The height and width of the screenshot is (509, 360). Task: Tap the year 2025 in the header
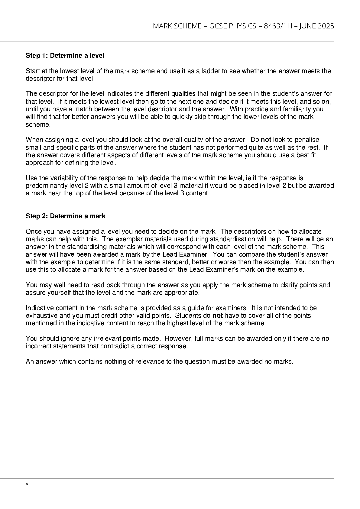click(326, 26)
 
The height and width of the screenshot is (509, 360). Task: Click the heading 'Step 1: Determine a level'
click(65, 56)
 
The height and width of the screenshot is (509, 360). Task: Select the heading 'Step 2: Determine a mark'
click(66, 216)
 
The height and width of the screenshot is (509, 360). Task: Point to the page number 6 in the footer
click(27, 485)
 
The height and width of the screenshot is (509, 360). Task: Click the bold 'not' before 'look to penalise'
click(266, 140)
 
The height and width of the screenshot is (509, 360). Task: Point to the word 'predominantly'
click(44, 186)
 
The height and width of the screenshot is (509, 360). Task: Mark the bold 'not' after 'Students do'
click(218, 316)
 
